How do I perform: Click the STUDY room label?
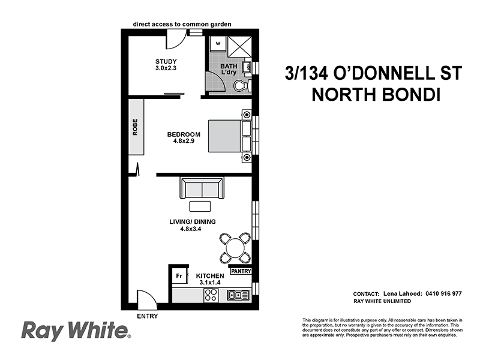click(x=166, y=65)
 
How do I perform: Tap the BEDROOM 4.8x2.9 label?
click(x=183, y=137)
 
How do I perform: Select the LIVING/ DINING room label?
click(x=192, y=225)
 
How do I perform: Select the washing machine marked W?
click(x=217, y=43)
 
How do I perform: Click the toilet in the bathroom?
click(x=241, y=86)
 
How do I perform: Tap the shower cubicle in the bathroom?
click(x=239, y=44)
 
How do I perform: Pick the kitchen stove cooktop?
click(x=211, y=295)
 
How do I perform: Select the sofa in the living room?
click(x=202, y=188)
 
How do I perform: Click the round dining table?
click(x=236, y=247)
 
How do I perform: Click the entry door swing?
click(x=146, y=299)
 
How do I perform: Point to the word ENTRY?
click(x=148, y=316)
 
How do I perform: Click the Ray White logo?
click(x=76, y=331)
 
